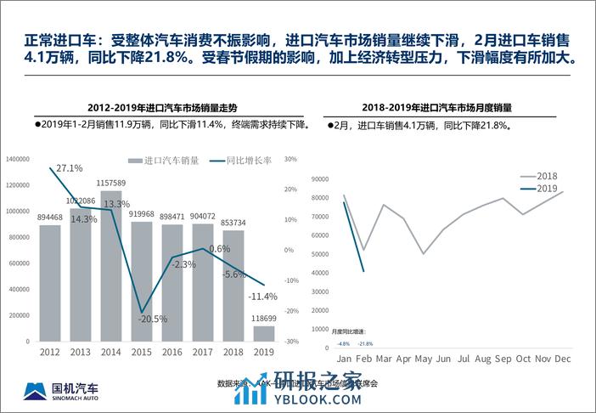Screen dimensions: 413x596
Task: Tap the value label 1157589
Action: (x=111, y=183)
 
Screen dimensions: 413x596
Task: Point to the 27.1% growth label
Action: (x=70, y=168)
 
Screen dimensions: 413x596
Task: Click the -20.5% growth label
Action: (x=153, y=319)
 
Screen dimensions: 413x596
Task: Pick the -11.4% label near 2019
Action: (x=263, y=297)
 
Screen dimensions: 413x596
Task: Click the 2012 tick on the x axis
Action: (x=50, y=351)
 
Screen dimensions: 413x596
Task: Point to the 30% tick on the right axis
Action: (x=289, y=159)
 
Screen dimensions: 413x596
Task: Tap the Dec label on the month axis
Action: (x=562, y=359)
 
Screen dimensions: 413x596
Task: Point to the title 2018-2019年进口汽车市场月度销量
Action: (x=441, y=108)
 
